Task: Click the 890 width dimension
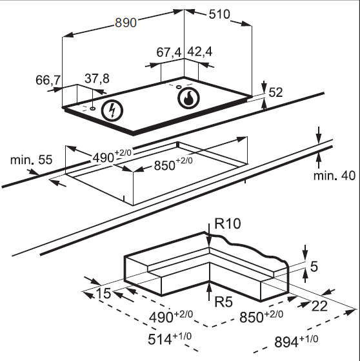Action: click(126, 23)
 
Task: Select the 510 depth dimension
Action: click(219, 14)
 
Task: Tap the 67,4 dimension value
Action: click(169, 52)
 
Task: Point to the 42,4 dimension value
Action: click(199, 52)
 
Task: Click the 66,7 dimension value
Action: click(48, 80)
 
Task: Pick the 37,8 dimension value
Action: click(97, 79)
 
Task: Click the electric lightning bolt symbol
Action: click(112, 110)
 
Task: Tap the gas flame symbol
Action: click(188, 98)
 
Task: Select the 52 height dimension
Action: click(275, 92)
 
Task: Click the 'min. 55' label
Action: click(32, 160)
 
